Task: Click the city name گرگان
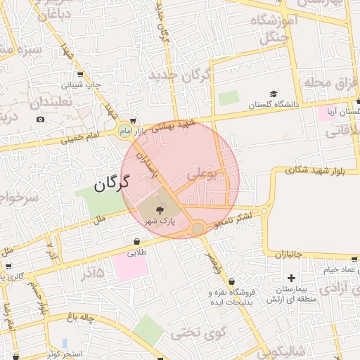pyautogui.click(x=112, y=185)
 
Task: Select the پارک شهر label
pyautogui.click(x=160, y=221)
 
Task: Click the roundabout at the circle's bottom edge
pyautogui.click(x=198, y=229)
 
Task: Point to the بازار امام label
pyautogui.click(x=115, y=131)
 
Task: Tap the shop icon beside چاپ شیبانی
pyautogui.click(x=79, y=74)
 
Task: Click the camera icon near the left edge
pyautogui.click(x=41, y=119)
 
